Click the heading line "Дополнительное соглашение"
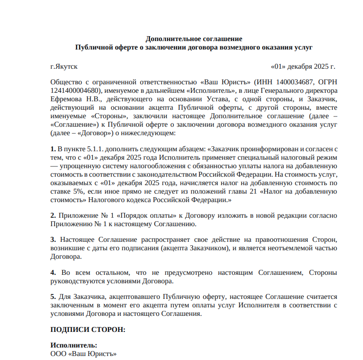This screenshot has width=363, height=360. click(194, 39)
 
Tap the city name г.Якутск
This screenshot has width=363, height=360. click(64, 67)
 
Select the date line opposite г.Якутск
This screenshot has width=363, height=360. click(303, 67)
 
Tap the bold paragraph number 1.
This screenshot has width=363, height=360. click(53, 149)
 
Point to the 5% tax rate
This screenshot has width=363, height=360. click(80, 192)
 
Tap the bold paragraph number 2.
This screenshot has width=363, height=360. click(53, 216)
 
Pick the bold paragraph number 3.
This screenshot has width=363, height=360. click(53, 240)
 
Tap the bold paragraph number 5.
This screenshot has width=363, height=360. click(53, 297)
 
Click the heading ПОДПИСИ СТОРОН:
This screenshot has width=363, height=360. click(87, 330)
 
